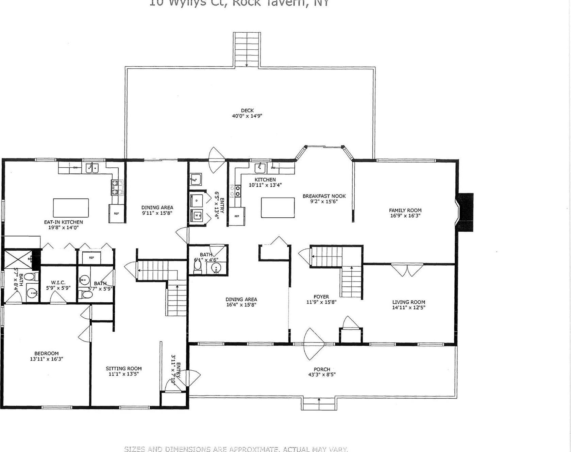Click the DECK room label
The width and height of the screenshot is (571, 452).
pos(247,111)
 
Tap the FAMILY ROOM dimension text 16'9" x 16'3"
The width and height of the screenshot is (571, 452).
pos(405,216)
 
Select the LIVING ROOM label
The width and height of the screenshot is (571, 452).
pos(408,302)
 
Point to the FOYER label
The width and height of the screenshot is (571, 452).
pos(321,297)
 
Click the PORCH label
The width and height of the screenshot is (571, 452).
pos(322,369)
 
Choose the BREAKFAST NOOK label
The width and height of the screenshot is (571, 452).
pos(324,196)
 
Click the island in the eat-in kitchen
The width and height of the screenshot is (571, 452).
pos(71,208)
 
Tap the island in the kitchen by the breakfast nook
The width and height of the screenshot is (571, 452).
pos(278,207)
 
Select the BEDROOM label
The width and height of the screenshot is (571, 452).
pos(47,353)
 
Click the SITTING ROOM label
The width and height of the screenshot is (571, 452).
pos(123,368)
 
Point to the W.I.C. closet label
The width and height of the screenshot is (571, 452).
pos(58,282)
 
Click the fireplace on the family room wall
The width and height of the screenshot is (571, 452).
pos(465,213)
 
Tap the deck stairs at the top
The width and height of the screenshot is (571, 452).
pos(247,49)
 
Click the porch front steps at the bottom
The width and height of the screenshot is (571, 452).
pos(319,403)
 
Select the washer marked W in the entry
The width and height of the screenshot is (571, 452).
pos(197,215)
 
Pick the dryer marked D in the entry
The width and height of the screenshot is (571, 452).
pos(197,200)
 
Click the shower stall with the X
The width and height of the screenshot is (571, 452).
pos(18,260)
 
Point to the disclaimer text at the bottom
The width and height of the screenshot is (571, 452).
pos(236,449)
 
